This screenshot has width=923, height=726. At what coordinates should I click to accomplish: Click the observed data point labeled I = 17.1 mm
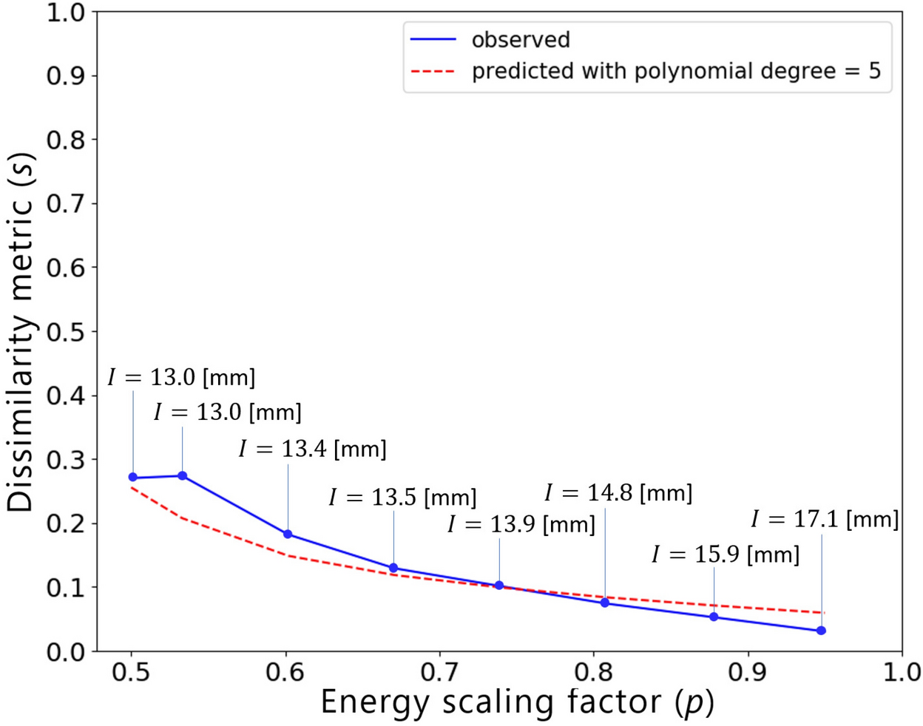click(x=821, y=631)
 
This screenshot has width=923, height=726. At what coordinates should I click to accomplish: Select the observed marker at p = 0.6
click(x=288, y=534)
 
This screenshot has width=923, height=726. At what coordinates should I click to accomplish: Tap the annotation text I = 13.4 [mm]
click(x=312, y=449)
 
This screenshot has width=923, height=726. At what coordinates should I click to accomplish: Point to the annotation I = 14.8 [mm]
click(x=618, y=493)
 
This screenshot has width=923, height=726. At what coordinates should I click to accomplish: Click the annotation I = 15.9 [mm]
click(x=725, y=554)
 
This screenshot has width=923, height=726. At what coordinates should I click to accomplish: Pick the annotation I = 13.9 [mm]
click(x=521, y=525)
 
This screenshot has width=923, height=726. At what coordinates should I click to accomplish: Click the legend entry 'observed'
click(x=521, y=40)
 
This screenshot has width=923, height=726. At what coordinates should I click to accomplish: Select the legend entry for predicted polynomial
click(x=676, y=72)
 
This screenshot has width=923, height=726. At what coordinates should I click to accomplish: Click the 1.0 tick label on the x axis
click(x=902, y=674)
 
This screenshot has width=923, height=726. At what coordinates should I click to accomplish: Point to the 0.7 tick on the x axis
click(x=440, y=674)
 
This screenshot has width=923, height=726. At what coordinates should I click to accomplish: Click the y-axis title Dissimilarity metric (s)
click(x=22, y=332)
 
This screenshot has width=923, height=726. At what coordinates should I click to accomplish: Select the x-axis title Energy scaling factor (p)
click(x=517, y=702)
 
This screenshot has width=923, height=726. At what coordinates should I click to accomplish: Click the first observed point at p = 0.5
click(x=133, y=478)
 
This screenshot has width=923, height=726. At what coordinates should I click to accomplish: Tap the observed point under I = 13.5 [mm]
click(x=393, y=568)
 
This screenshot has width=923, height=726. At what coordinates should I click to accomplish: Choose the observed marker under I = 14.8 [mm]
click(x=605, y=603)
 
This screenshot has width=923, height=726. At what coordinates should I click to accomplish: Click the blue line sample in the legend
click(x=433, y=40)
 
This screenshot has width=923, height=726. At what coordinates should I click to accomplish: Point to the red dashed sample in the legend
click(x=433, y=72)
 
